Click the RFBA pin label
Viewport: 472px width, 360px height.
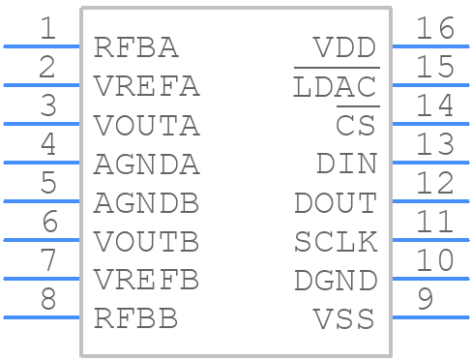pos(136,47)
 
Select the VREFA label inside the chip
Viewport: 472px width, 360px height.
pos(147,86)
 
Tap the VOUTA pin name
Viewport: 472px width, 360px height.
pos(147,125)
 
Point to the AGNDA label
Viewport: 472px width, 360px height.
pos(147,165)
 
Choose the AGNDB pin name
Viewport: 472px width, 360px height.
pos(147,203)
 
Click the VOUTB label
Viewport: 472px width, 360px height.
pos(147,242)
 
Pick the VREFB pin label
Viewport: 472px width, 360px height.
pos(147,281)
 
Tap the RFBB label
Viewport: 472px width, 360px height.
pos(136,318)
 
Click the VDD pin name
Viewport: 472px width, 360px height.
pos(345,47)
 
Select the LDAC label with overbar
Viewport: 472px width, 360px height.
pos(335,86)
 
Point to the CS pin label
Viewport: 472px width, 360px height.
pos(356,125)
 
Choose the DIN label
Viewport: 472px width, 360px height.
pos(346,165)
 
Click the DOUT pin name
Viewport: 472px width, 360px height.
pos(335,203)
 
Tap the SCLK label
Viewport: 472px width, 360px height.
pos(335,242)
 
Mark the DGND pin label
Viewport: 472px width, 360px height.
pos(335,281)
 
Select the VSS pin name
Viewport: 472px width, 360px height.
pos(345,318)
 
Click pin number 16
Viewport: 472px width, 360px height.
pos(434,28)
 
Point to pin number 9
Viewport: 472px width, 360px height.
pos(424,299)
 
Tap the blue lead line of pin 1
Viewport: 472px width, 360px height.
pos(42,45)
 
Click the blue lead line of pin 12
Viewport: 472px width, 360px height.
pos(430,200)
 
